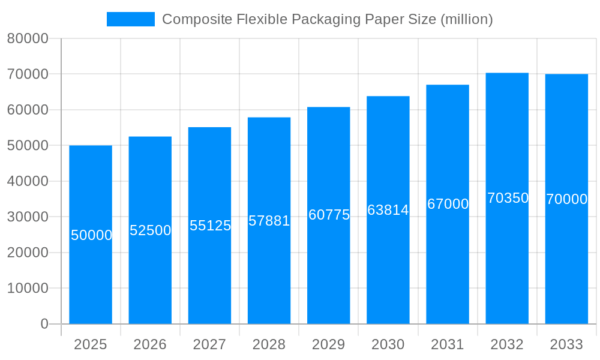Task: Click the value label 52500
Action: point(151,230)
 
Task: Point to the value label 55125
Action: point(210,226)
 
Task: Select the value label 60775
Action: point(329,215)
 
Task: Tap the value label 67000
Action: point(448,204)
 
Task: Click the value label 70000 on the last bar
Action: point(566,199)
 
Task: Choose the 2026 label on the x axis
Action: point(150,344)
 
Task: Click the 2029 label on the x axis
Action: point(329,344)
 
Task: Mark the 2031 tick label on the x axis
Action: point(448,344)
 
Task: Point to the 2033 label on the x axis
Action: point(566,344)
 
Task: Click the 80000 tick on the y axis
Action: point(28,39)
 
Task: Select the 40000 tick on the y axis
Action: point(28,181)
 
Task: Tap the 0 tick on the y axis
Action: point(44,324)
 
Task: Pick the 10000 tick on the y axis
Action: point(28,288)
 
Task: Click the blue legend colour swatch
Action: point(130,19)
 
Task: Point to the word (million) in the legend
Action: point(466,19)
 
